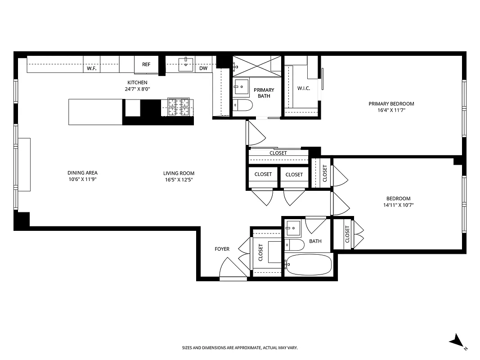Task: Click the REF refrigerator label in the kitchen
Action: click(146, 64)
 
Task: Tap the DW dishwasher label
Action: click(203, 68)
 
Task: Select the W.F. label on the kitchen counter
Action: click(92, 68)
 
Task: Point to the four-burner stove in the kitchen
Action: click(179, 107)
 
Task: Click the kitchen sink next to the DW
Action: click(186, 64)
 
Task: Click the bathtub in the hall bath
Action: click(309, 265)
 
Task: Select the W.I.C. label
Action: click(304, 88)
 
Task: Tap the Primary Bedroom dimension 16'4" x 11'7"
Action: click(391, 110)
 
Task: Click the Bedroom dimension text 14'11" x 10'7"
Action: click(398, 205)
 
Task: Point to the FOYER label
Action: click(222, 249)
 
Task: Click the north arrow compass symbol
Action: click(458, 341)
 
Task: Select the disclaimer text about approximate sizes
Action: click(240, 348)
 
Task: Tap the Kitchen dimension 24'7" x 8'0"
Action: click(137, 89)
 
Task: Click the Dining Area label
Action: click(82, 173)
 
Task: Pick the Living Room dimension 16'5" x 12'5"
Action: click(179, 180)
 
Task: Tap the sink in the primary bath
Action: click(242, 86)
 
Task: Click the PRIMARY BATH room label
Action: click(264, 93)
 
